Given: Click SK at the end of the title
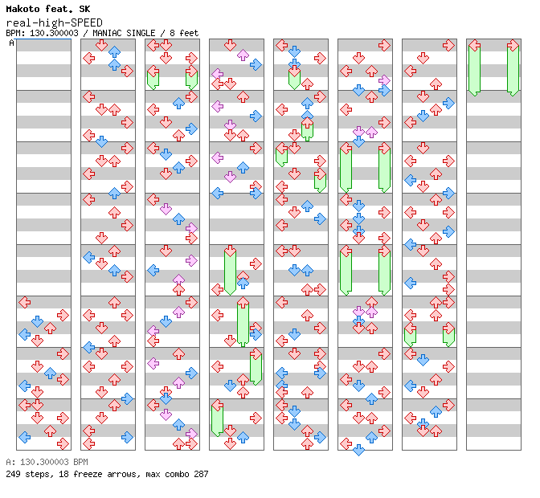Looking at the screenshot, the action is [x=84, y=9].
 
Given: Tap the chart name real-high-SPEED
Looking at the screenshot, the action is [x=55, y=23].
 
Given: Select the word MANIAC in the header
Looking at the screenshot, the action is [x=107, y=33].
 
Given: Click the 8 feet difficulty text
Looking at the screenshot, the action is [x=184, y=33].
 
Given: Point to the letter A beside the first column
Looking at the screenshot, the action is [x=12, y=43].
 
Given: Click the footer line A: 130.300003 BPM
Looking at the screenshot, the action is [x=47, y=462].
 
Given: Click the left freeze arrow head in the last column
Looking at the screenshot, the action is [x=475, y=46].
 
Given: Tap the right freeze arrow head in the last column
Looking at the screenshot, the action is [x=513, y=46].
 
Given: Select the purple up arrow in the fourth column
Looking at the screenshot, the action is [x=243, y=55].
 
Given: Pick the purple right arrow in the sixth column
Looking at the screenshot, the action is [x=384, y=80].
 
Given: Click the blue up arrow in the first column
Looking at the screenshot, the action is [x=51, y=373].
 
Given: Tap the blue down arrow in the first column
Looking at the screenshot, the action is [x=37, y=321].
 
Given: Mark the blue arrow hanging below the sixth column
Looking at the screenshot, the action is [x=359, y=450].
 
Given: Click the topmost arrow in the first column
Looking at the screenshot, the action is [x=24, y=303].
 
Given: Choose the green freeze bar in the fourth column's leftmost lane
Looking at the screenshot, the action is [x=217, y=421].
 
